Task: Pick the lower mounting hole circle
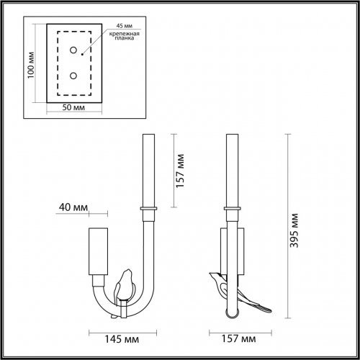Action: pyautogui.click(x=73, y=75)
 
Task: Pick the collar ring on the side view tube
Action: pyautogui.click(x=233, y=209)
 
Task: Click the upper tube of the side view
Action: pyautogui.click(x=233, y=168)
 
